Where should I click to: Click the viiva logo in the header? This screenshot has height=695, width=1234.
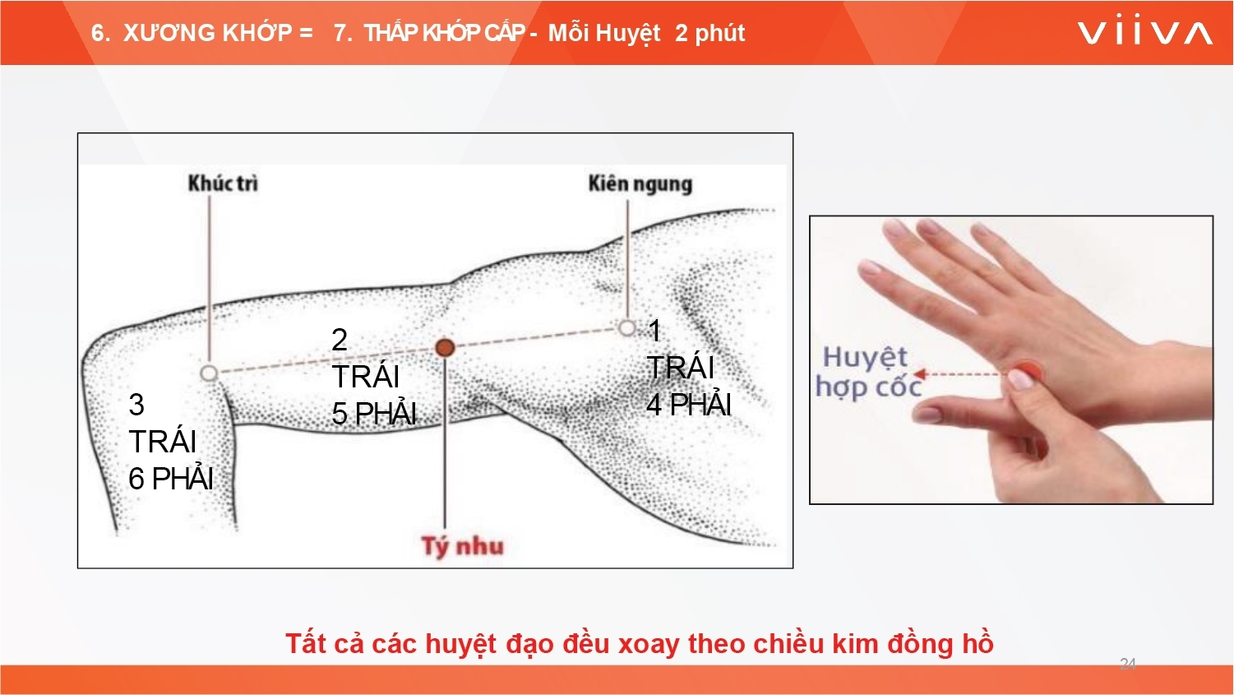pos(1144,33)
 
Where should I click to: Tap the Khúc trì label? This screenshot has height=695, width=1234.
pos(223,183)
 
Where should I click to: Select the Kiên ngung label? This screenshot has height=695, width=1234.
pos(640,184)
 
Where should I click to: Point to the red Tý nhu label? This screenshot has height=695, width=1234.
pos(463,546)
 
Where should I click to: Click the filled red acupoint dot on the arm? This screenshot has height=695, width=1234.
pos(445,348)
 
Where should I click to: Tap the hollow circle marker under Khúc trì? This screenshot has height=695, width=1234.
pos(209,373)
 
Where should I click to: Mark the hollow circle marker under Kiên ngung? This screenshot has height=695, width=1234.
pos(627,328)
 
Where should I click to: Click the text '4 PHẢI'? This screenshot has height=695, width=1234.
pos(689,404)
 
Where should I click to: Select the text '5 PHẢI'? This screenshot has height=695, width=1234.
pos(374,414)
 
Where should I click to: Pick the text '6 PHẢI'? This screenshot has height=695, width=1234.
pos(171,479)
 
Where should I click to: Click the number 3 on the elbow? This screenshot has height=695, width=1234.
pos(136,405)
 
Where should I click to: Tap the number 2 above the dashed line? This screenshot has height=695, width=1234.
pos(340,340)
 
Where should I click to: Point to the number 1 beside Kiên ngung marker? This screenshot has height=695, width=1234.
pos(654,331)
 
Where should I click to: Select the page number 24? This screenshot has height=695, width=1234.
pos(1128,663)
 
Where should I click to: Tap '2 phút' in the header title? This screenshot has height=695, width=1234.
pos(710,33)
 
